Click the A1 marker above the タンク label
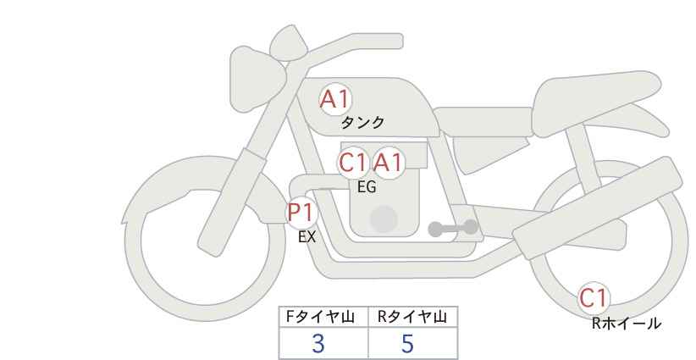tap(335, 99)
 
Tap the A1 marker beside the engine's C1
tap(389, 163)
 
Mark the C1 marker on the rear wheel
tap(594, 298)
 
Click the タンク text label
tap(362, 123)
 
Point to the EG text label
tap(367, 187)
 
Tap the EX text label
tap(307, 237)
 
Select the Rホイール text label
tap(626, 323)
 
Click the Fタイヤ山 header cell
tap(324, 317)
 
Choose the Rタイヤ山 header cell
tap(412, 317)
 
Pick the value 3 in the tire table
tap(318, 343)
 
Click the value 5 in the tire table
tap(408, 343)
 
